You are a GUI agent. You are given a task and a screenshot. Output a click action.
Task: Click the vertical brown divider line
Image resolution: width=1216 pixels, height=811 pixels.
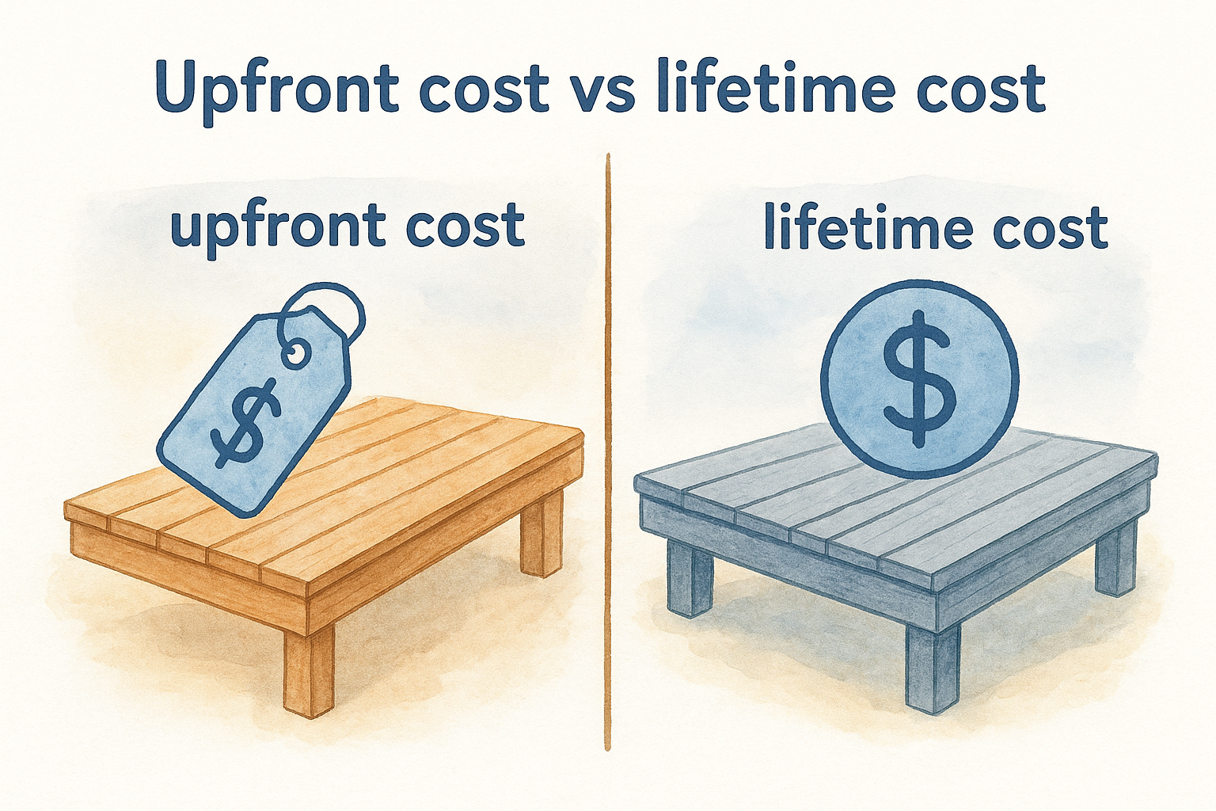click(607, 451)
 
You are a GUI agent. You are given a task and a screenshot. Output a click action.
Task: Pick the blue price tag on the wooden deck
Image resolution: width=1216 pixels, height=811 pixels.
click(253, 404)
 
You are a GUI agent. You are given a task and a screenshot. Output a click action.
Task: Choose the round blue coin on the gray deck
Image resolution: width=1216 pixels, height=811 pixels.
click(919, 380)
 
